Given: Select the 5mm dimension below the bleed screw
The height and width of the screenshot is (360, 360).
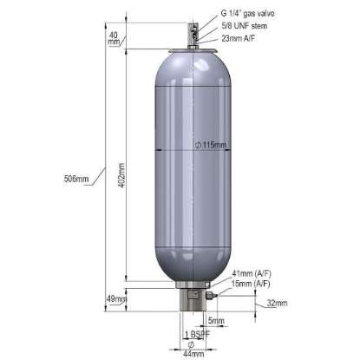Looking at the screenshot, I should point(215,321).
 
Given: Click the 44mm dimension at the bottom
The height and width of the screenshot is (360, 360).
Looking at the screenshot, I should point(193,353).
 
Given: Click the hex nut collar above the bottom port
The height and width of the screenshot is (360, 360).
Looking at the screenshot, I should point(192,286).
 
